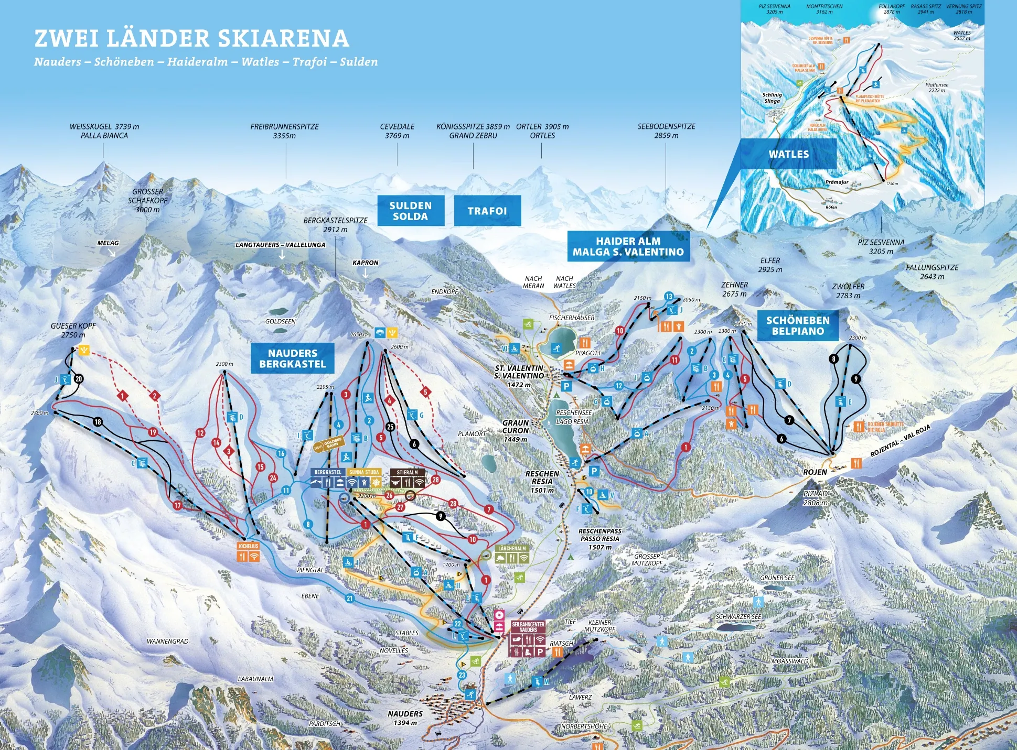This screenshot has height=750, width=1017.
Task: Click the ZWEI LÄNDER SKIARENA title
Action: (191, 38)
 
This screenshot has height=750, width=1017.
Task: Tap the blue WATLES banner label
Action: (788, 154)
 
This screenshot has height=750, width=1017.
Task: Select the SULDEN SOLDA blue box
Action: (410, 211)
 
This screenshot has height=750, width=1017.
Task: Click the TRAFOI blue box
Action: (487, 211)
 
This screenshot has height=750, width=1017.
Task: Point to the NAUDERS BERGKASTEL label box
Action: (292, 358)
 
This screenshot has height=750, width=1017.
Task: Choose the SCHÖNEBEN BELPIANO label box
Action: (797, 325)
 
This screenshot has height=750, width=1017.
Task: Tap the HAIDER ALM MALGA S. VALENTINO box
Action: (628, 246)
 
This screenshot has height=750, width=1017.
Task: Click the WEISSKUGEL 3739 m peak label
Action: (104, 131)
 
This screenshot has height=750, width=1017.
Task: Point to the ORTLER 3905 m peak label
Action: (542, 131)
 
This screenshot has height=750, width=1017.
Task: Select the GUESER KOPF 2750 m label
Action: (73, 330)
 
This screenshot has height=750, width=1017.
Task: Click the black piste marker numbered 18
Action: (98, 422)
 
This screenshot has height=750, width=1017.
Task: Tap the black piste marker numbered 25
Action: (390, 427)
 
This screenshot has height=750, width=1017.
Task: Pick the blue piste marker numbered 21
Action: (350, 598)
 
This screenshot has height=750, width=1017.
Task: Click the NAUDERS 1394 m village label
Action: (405, 718)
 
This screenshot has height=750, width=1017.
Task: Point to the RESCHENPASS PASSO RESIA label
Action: (600, 538)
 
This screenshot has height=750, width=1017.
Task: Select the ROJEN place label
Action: (815, 472)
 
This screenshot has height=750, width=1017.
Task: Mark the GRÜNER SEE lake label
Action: (777, 578)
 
